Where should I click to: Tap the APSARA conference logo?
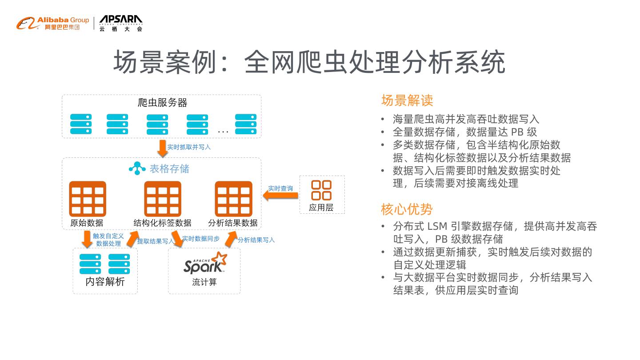tap(121, 23)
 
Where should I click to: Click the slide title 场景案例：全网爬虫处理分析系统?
tap(309, 62)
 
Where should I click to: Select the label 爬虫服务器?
tap(163, 103)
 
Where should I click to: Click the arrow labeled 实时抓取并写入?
tap(163, 148)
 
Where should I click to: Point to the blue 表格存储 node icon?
tap(137, 168)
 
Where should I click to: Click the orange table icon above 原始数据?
tap(88, 199)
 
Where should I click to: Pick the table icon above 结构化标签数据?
tap(163, 199)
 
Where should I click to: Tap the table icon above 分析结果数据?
tap(233, 199)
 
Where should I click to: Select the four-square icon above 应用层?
tap(321, 190)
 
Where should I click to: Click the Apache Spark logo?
tap(205, 263)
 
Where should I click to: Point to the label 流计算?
tap(204, 282)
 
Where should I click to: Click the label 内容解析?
tap(105, 282)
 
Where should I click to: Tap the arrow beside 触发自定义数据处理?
tap(87, 239)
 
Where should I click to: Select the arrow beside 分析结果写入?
tap(231, 239)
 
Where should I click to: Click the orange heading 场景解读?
tap(407, 100)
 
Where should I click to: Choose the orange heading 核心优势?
tap(407, 209)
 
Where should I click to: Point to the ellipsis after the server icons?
tap(223, 131)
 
